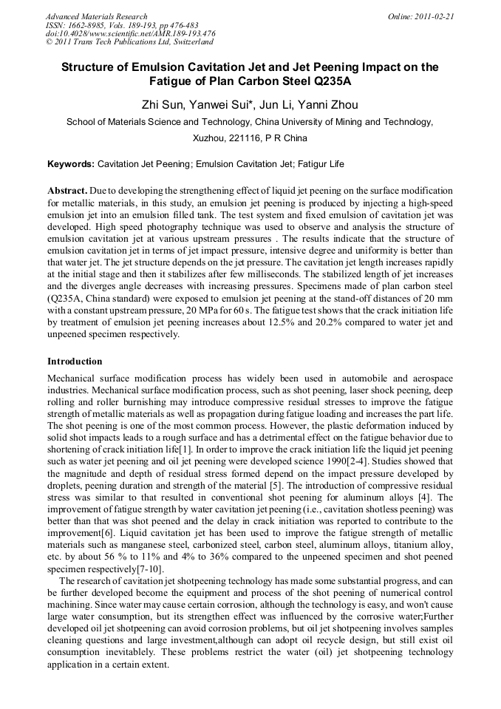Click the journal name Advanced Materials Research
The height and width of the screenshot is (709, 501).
(96, 16)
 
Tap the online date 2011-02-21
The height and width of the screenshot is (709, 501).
(431, 16)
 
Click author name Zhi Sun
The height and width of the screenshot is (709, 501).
(164, 104)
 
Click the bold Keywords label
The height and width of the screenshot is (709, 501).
(70, 163)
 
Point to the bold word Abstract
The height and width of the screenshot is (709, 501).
(67, 190)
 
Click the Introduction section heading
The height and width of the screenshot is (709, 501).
(75, 362)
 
